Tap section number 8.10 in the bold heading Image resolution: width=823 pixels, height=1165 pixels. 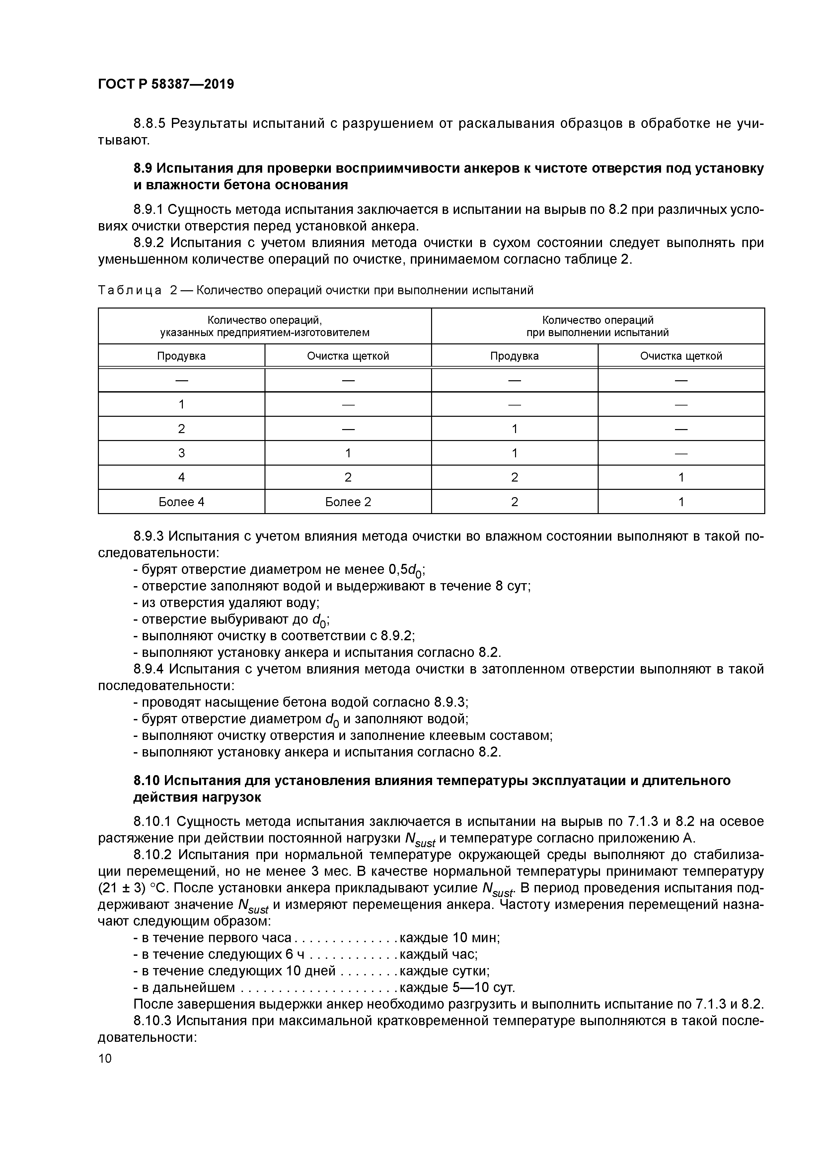coord(147,780)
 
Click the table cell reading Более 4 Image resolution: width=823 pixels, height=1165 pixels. coord(181,502)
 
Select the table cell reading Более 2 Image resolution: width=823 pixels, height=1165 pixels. coord(348,502)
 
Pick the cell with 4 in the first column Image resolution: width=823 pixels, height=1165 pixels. coord(181,477)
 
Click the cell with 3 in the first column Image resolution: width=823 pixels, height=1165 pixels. coord(181,453)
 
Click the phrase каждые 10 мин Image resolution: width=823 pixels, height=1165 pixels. coord(449,938)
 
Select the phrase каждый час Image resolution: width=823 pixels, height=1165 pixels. coord(438,954)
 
